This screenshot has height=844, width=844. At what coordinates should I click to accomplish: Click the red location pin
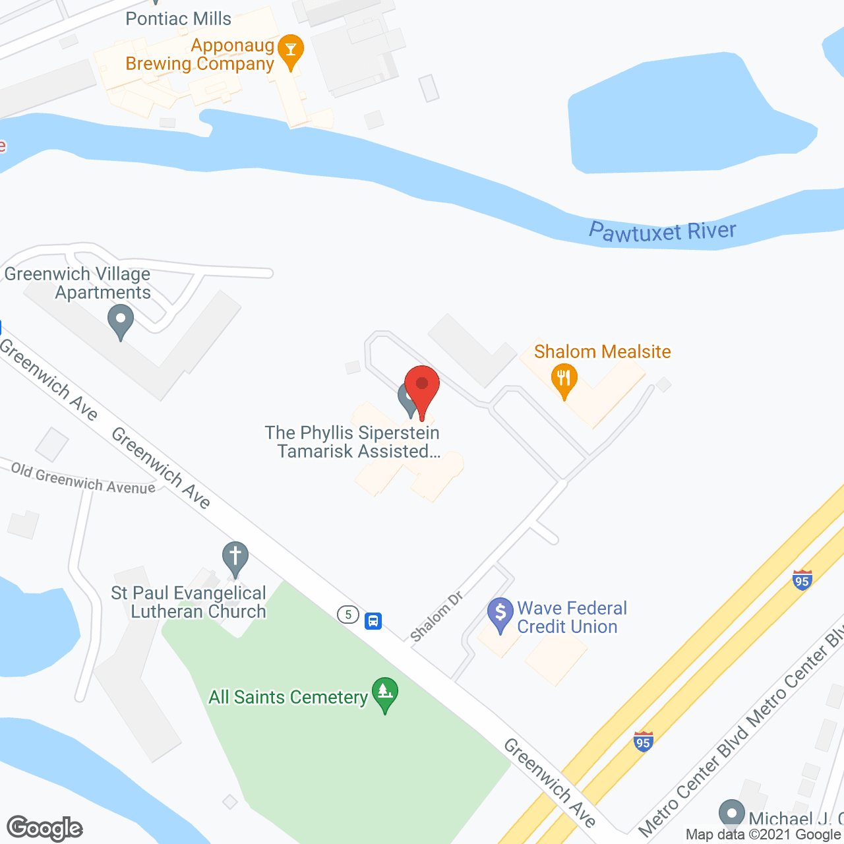click(422, 386)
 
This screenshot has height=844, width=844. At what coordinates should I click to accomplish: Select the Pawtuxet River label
click(662, 231)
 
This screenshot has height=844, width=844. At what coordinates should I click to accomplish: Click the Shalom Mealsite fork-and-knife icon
click(564, 379)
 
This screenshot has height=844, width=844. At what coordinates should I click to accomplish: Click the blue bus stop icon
click(373, 620)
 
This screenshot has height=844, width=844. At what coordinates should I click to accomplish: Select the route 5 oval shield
click(348, 615)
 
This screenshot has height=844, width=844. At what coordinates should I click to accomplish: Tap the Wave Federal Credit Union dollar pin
click(500, 613)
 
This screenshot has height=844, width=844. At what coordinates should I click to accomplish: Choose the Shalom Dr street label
click(437, 617)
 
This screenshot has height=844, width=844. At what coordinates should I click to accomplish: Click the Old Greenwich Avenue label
click(83, 479)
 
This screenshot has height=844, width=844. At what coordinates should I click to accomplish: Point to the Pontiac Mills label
click(178, 18)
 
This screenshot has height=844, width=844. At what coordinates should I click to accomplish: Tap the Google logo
click(45, 828)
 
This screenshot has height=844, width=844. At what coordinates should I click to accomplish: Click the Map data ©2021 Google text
click(764, 835)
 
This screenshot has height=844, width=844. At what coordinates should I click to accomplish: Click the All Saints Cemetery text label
click(288, 697)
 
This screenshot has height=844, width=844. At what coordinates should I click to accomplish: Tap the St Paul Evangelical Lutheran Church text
click(189, 602)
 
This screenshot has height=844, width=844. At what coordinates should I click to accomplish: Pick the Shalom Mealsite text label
click(602, 351)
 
